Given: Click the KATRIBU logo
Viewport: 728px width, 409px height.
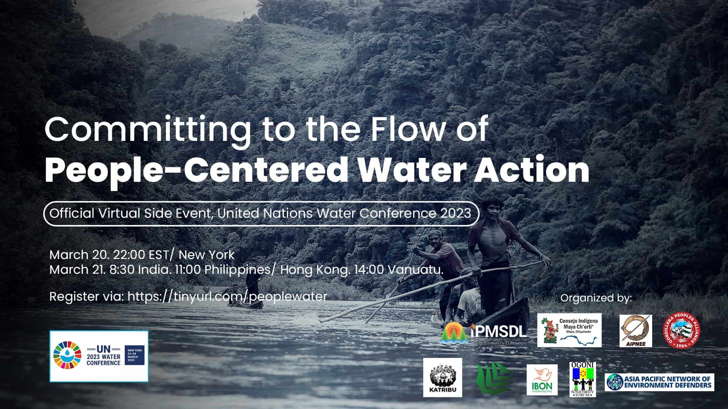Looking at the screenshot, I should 442,377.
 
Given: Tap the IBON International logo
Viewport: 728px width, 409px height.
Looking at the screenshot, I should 542,380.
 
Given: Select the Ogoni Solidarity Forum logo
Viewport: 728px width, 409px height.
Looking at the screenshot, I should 583,379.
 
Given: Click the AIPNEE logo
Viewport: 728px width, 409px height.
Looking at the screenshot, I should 635,331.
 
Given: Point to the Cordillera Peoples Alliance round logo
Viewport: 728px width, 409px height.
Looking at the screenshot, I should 681,331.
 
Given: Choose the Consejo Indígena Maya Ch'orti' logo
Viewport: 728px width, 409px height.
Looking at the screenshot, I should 569,330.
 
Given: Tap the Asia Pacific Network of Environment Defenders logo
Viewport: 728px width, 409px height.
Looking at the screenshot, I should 659,382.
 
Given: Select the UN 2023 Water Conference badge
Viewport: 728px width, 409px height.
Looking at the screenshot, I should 99,356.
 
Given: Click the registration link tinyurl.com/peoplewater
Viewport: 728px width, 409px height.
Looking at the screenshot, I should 227,296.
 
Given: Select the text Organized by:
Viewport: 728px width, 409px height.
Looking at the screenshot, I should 596,298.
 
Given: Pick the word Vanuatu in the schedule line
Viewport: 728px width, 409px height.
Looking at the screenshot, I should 415,270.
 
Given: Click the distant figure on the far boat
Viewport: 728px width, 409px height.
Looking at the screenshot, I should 252,284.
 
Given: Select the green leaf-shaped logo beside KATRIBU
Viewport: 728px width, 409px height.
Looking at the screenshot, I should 491,378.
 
